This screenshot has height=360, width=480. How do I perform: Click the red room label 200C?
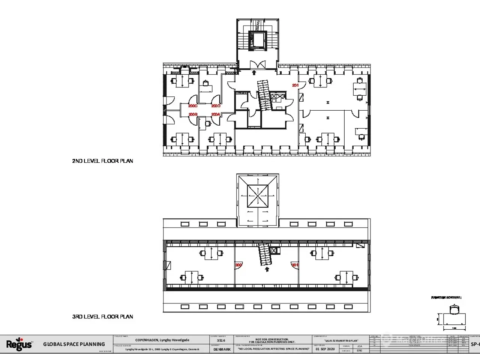193,106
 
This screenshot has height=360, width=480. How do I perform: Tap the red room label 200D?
216,106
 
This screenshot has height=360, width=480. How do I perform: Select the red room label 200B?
193,114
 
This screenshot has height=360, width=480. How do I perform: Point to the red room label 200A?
216,114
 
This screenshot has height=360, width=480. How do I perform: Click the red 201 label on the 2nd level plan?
295,85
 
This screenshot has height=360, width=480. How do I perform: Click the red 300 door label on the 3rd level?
238,265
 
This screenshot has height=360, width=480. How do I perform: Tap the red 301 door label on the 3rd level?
295,265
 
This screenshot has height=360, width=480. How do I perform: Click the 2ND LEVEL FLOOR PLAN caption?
102,161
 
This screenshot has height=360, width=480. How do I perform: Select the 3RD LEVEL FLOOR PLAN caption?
102,316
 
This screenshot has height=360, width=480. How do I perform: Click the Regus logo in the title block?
19,344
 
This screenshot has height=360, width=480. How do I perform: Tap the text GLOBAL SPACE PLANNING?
74,344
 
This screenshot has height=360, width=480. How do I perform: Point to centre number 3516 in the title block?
221,340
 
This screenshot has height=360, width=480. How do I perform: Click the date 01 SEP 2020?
325,349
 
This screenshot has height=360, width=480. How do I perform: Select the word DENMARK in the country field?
222,349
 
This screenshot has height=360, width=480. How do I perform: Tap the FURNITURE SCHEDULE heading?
446,298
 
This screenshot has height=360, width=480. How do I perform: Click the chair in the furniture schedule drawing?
454,310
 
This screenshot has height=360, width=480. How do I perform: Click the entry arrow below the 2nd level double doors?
254,72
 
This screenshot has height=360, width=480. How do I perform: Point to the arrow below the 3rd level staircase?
267,269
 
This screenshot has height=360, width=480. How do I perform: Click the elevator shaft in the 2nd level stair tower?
257,39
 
